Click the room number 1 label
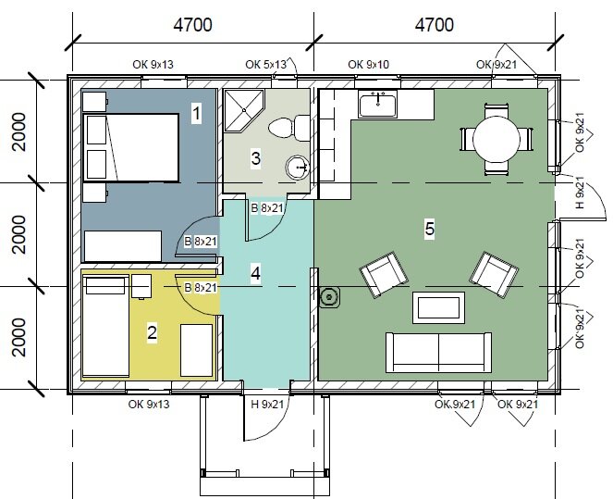pyautogui.click(x=196, y=113)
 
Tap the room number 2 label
pyautogui.click(x=152, y=332)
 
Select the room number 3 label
pyautogui.click(x=256, y=158)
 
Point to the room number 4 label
pyautogui.click(x=255, y=273)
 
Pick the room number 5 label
pyautogui.click(x=430, y=228)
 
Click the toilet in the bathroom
pyautogui.click(x=288, y=128)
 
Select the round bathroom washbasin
pyautogui.click(x=298, y=168)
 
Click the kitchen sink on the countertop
pyautogui.click(x=377, y=104)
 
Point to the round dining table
pyautogui.click(x=497, y=139)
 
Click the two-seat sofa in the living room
pyautogui.click(x=438, y=352)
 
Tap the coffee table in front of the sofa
pyautogui.click(x=438, y=307)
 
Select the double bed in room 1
pyautogui.click(x=131, y=147)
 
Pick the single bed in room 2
pyautogui.click(x=105, y=326)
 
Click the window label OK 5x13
pyautogui.click(x=266, y=64)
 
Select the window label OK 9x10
pyautogui.click(x=369, y=64)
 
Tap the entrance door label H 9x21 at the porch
pyautogui.click(x=267, y=404)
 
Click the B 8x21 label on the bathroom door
pyautogui.click(x=266, y=208)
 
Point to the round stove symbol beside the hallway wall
pyautogui.click(x=329, y=297)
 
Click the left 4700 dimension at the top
pyautogui.click(x=193, y=25)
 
